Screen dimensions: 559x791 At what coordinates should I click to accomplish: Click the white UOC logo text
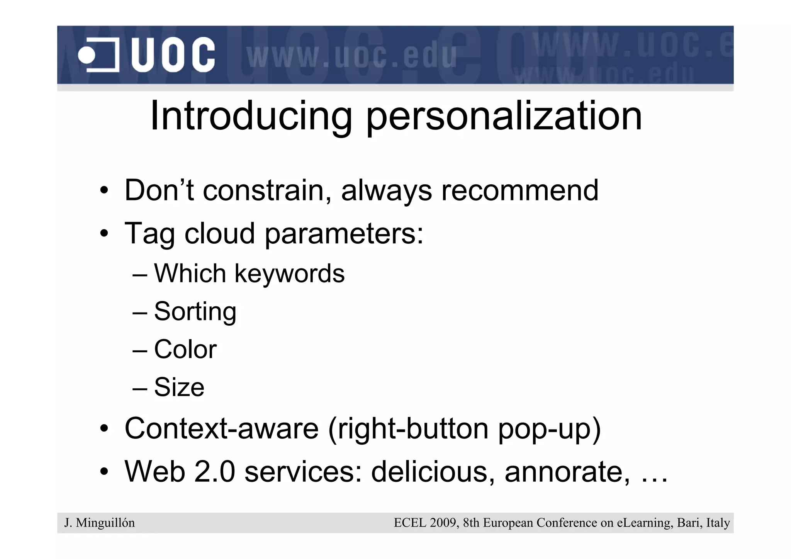173,55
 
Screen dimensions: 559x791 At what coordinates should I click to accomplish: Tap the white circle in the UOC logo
86,55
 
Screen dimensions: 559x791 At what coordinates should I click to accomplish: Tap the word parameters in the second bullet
343,234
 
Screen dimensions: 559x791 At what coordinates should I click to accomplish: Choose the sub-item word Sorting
195,311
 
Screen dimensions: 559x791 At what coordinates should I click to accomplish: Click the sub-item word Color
185,349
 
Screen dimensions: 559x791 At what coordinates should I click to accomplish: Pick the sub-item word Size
179,387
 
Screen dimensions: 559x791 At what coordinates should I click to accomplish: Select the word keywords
289,274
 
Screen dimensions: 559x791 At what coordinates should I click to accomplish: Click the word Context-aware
221,428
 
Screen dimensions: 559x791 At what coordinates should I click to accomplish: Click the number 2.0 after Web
214,472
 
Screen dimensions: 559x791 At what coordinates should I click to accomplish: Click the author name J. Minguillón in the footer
100,523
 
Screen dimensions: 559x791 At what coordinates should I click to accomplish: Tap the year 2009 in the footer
442,523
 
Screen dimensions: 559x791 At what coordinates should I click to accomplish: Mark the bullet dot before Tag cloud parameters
104,234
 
